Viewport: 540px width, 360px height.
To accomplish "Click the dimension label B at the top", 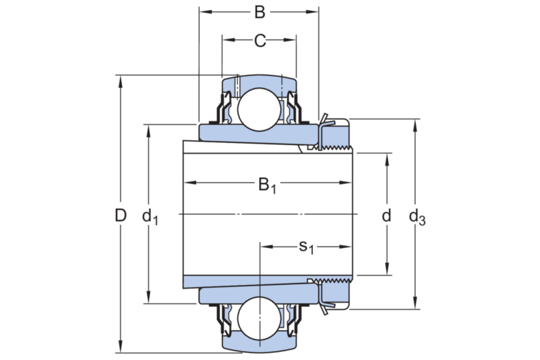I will pyautogui.click(x=260, y=11).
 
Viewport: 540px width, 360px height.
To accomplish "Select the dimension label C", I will pyautogui.click(x=260, y=41).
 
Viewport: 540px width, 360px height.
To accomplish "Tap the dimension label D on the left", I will pyautogui.click(x=121, y=214).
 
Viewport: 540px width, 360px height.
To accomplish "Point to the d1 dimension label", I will pyautogui.click(x=150, y=216).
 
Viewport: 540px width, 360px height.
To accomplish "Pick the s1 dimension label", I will pyautogui.click(x=306, y=247).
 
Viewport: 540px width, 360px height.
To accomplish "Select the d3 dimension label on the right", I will pyautogui.click(x=416, y=216).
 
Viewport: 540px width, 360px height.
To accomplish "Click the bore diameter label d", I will pyautogui.click(x=386, y=214).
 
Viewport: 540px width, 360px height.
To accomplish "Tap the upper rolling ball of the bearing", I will pyautogui.click(x=259, y=109).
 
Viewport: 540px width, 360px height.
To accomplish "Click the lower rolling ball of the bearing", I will pyautogui.click(x=259, y=320).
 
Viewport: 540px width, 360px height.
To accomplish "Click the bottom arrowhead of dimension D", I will pyautogui.click(x=121, y=348).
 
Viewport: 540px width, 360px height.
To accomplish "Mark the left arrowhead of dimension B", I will pyautogui.click(x=204, y=11).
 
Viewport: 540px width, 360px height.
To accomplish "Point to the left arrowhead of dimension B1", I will pyautogui.click(x=188, y=184).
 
